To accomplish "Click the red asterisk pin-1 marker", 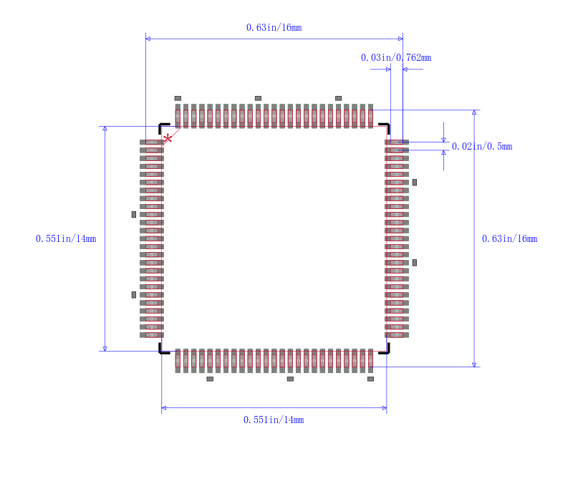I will (168, 137).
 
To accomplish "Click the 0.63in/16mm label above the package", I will (274, 28).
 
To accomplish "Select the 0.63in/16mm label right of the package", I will (509, 239).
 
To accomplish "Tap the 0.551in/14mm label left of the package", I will (66, 239).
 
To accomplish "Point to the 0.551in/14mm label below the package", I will (274, 420).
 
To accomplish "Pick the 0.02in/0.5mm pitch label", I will (481, 147).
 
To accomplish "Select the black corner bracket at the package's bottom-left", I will (163, 349).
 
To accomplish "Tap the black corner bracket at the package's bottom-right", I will (385, 349).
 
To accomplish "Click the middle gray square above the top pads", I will (258, 98).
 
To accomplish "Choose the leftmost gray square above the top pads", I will (178, 98).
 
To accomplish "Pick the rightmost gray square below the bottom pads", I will (370, 379).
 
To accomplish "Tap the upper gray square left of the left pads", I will (133, 214).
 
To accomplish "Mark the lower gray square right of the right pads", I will (414, 263).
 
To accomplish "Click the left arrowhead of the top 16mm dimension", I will (148, 39).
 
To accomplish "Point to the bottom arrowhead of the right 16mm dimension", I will (474, 364).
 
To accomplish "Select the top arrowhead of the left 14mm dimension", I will (105, 129).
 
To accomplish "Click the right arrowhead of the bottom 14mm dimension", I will (385, 409).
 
